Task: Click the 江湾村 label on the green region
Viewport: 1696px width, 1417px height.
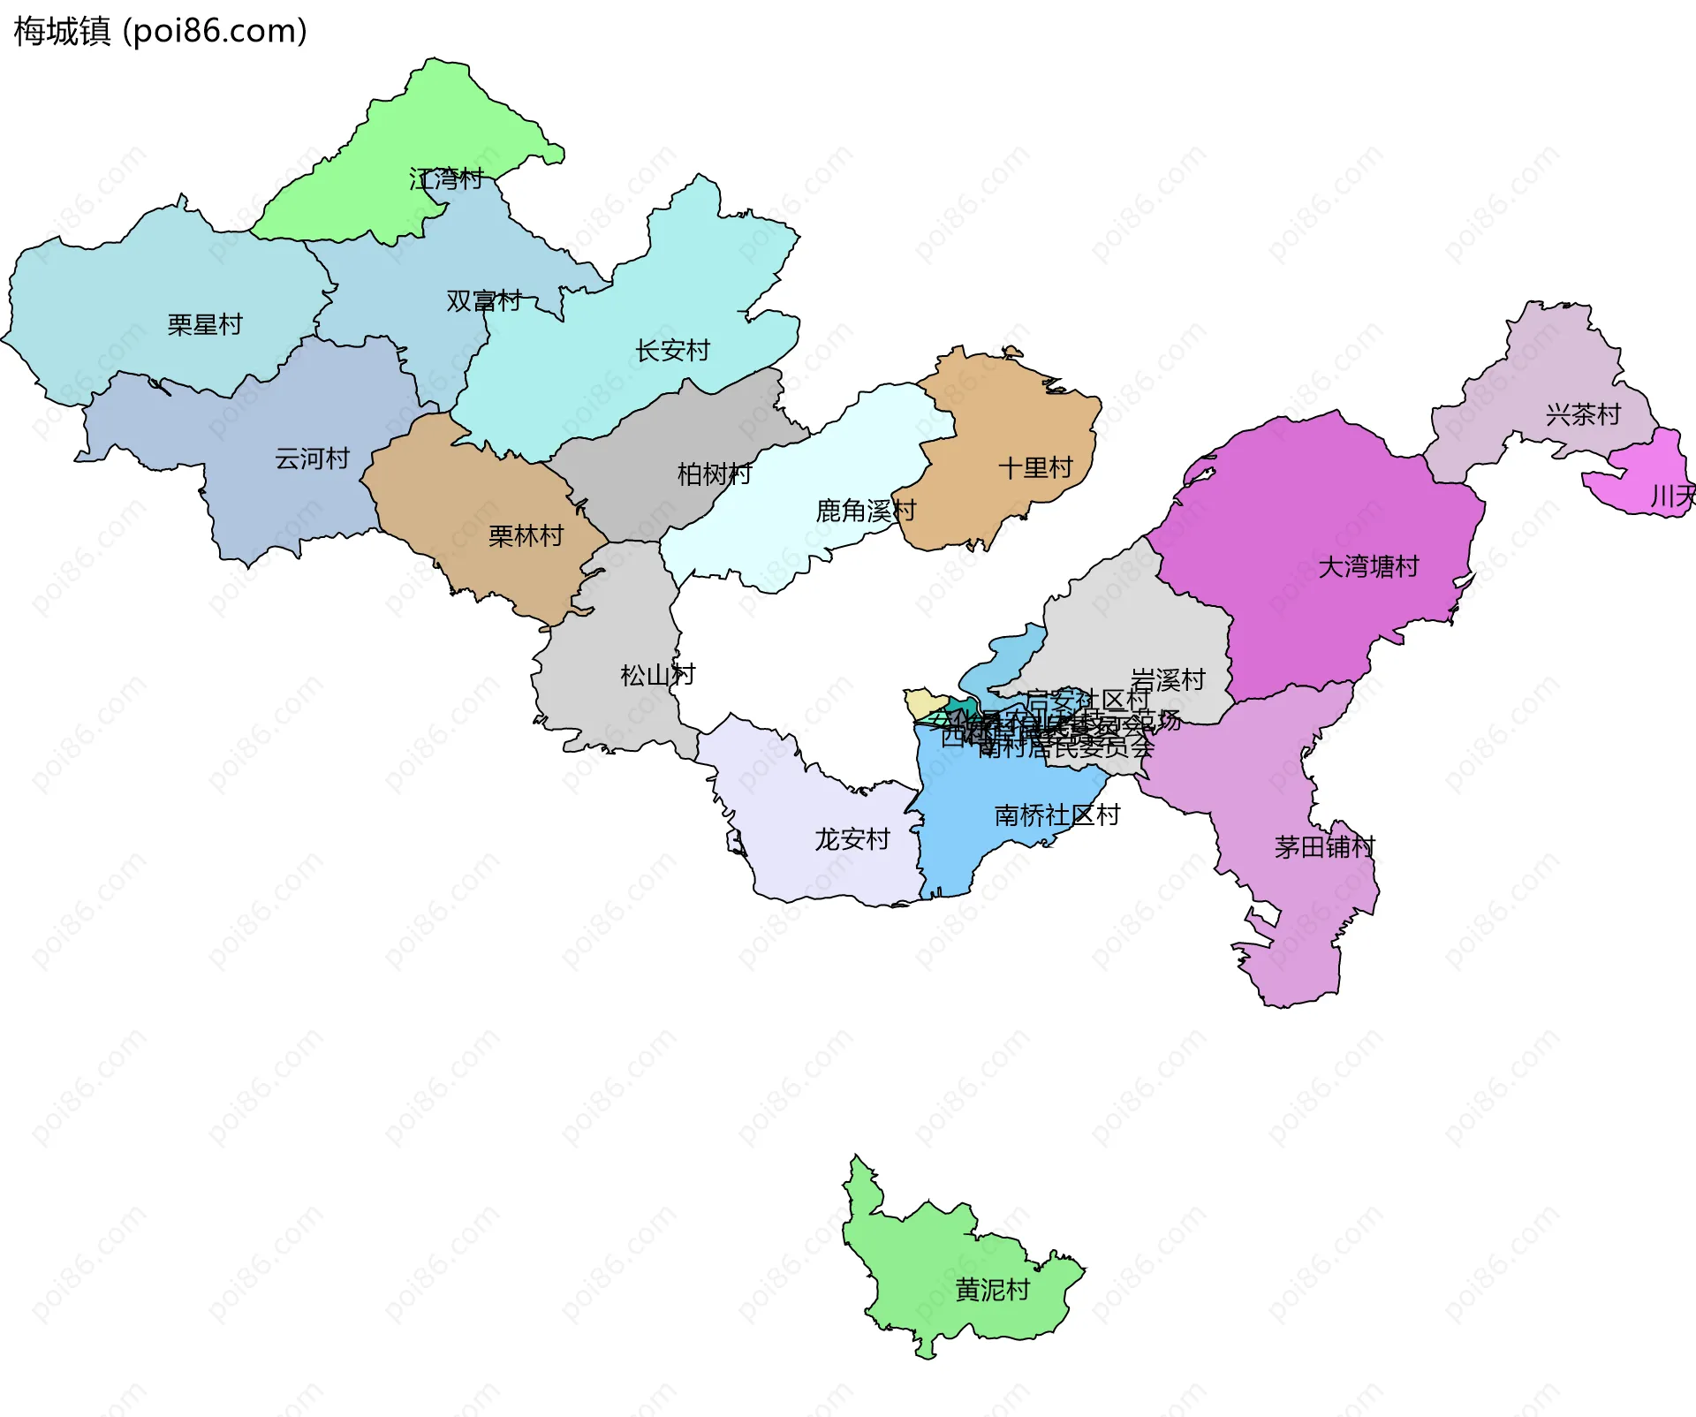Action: [x=446, y=179]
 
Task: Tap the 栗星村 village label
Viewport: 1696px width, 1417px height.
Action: [x=205, y=325]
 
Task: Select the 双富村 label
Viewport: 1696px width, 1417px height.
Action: [x=484, y=301]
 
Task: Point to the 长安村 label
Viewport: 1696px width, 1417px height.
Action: [x=672, y=351]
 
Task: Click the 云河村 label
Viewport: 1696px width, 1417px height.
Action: [x=312, y=458]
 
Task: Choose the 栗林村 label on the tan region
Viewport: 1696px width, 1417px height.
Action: [x=526, y=536]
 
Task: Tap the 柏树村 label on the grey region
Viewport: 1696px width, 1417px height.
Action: [x=715, y=474]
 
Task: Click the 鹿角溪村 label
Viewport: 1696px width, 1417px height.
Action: [x=866, y=511]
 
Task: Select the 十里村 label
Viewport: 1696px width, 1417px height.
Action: [x=1035, y=468]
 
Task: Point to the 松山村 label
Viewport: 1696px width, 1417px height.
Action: [x=658, y=676]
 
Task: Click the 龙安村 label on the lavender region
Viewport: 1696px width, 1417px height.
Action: [x=852, y=839]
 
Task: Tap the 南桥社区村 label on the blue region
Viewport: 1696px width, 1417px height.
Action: [x=1057, y=815]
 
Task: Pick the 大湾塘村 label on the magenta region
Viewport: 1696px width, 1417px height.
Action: [x=1368, y=566]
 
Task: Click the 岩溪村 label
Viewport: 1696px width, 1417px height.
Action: [x=1168, y=680]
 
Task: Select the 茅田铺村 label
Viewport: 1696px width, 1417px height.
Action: [x=1324, y=848]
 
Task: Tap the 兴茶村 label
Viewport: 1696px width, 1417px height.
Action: [x=1583, y=414]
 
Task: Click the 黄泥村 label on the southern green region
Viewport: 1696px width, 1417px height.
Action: [x=992, y=1291]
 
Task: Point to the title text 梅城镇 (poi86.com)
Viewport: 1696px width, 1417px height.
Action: [x=160, y=31]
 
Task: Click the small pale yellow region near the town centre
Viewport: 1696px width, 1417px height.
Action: [x=922, y=703]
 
